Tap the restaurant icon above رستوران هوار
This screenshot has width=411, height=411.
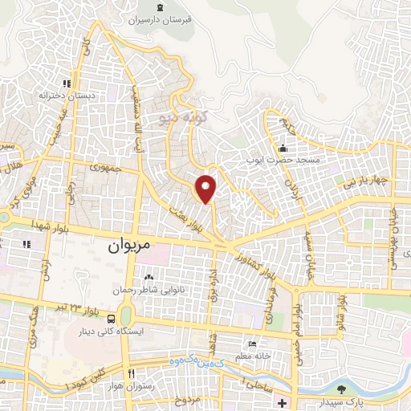(132, 373)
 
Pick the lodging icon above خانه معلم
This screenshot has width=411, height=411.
(253, 344)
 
